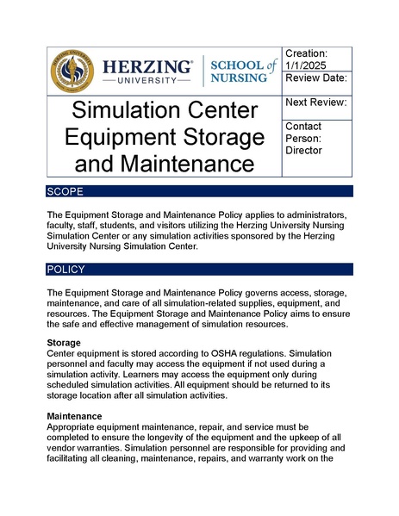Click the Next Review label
pyautogui.click(x=316, y=103)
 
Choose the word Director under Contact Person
pyautogui.click(x=303, y=150)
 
